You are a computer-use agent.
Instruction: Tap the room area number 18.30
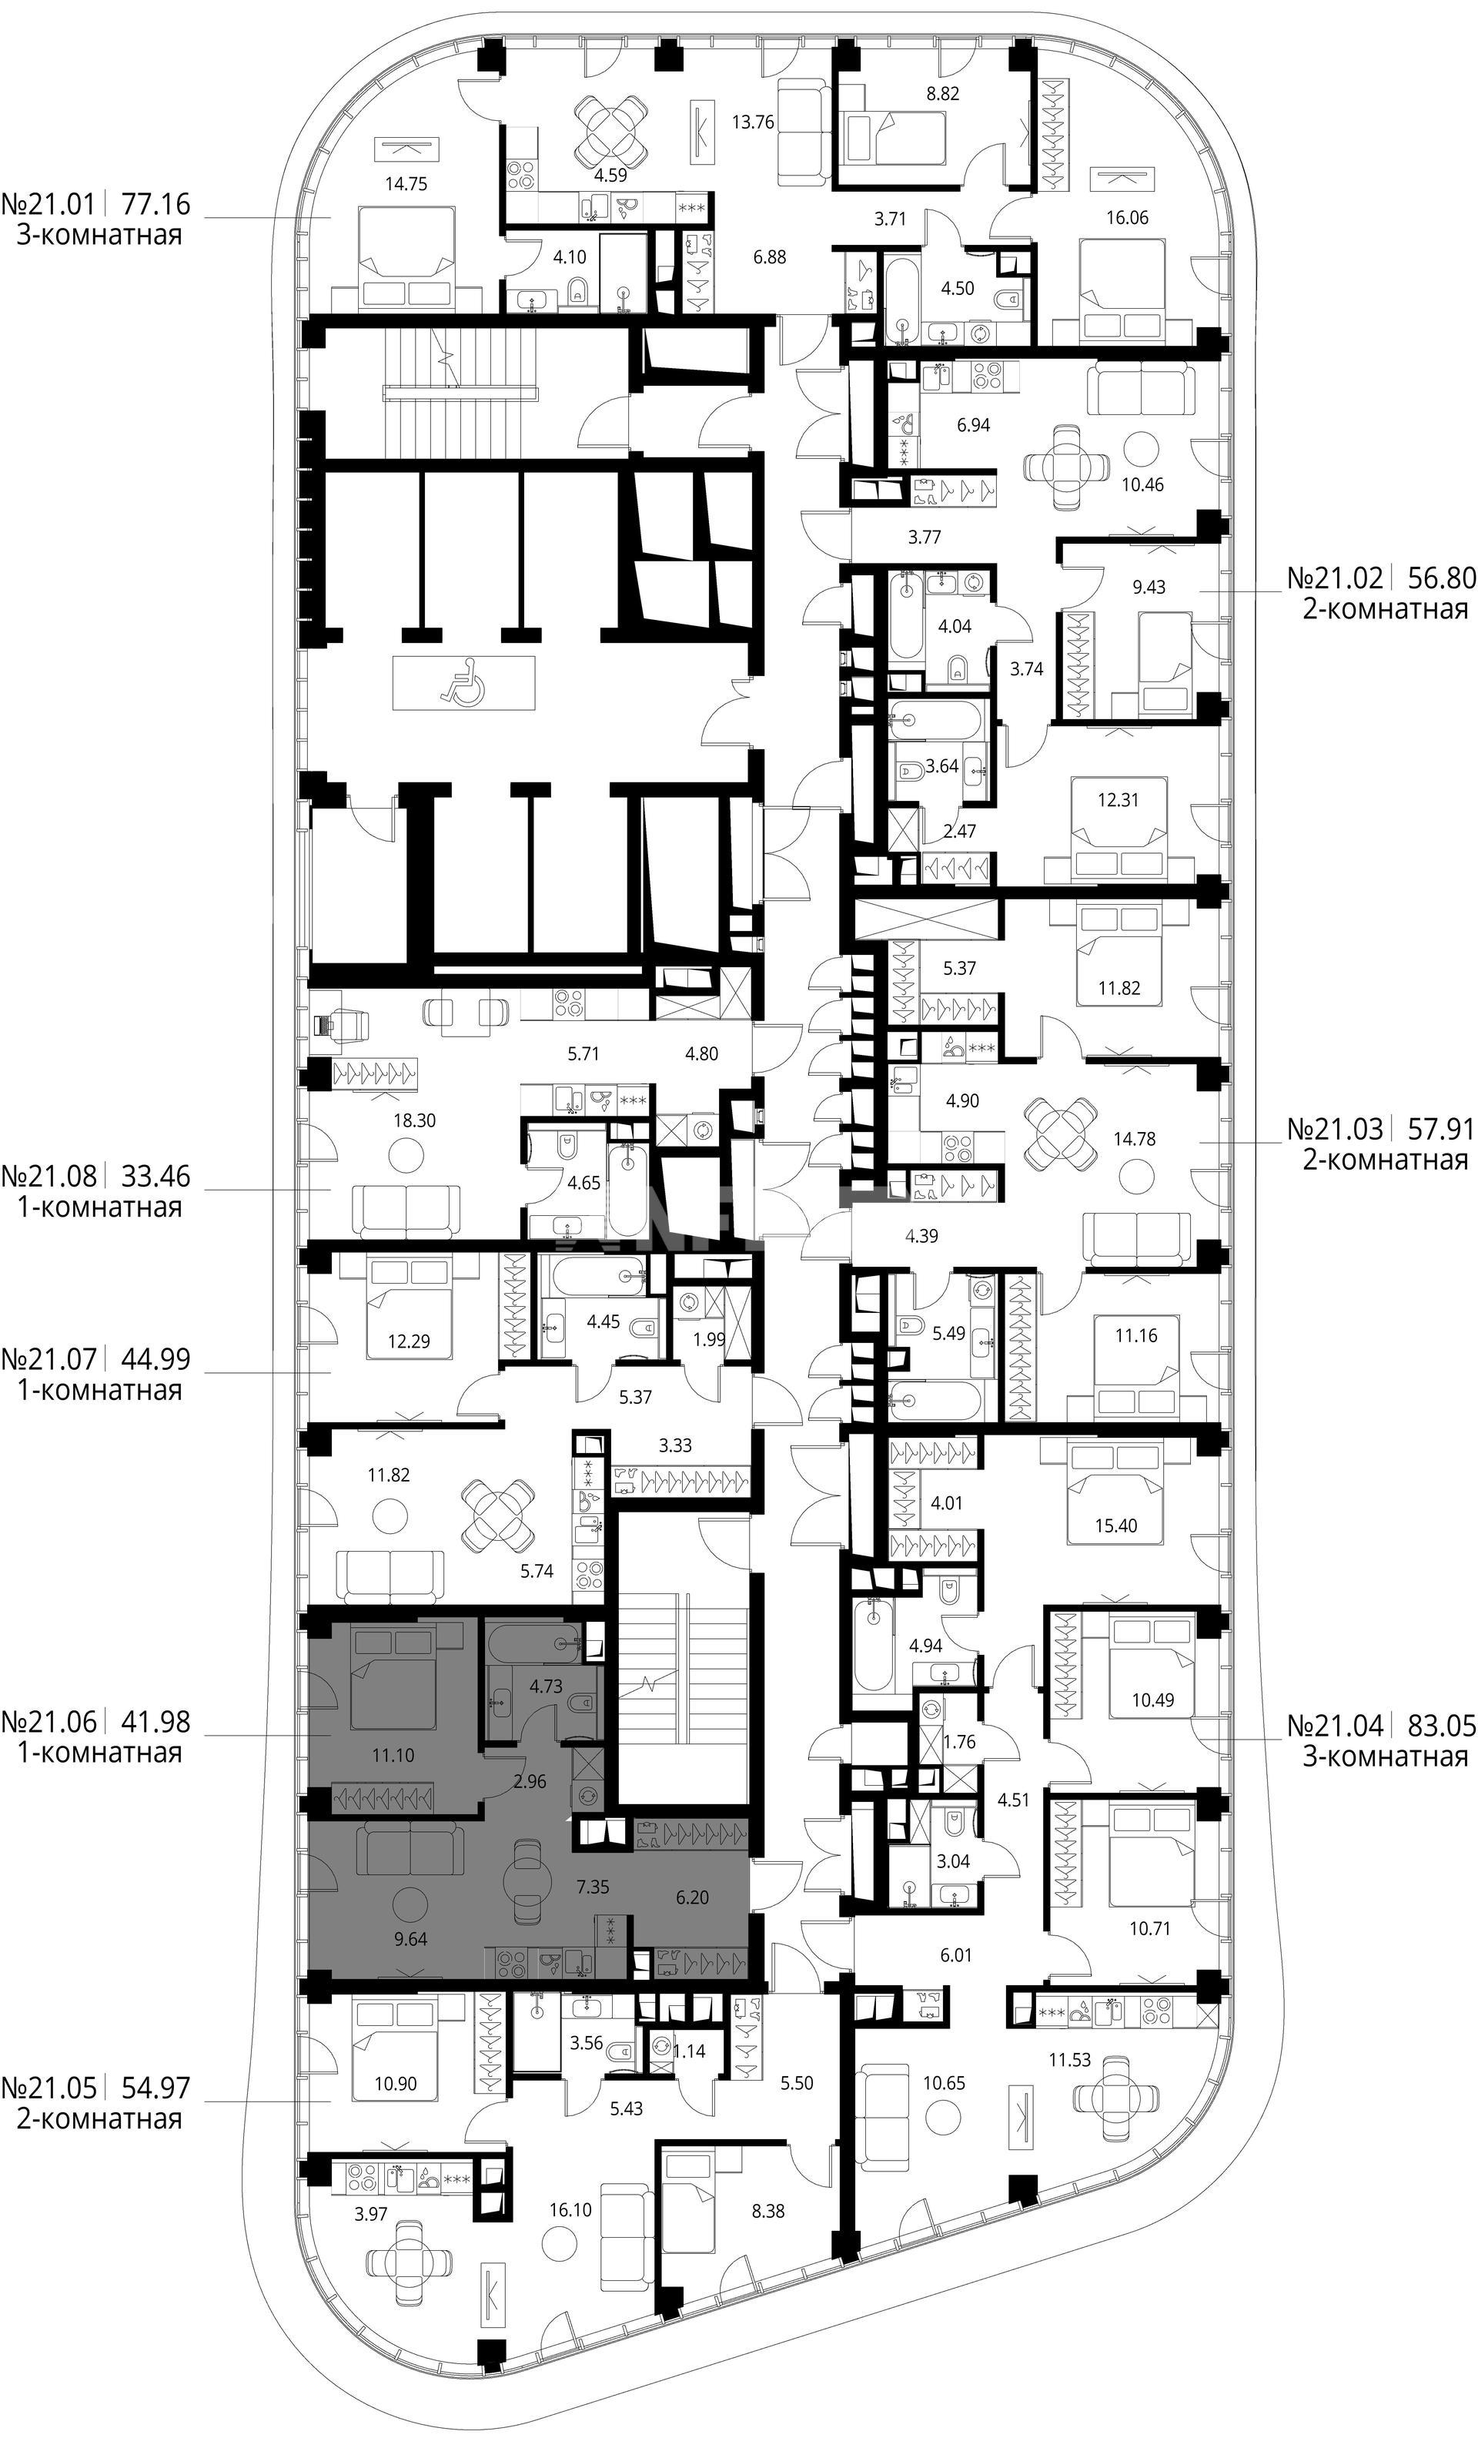pyautogui.click(x=413, y=1120)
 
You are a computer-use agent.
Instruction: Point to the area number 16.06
pyautogui.click(x=1127, y=218)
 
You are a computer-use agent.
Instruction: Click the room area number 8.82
pyautogui.click(x=941, y=94)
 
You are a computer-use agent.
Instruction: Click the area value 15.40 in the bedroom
pyautogui.click(x=1116, y=1525)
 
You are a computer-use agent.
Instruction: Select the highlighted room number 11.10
pyautogui.click(x=393, y=1754)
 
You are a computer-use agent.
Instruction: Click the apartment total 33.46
pyautogui.click(x=155, y=1177)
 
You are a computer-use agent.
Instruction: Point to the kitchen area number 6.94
pyautogui.click(x=972, y=426)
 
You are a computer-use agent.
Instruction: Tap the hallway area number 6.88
pyautogui.click(x=769, y=257)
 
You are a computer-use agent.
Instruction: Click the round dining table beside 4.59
pyautogui.click(x=613, y=132)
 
